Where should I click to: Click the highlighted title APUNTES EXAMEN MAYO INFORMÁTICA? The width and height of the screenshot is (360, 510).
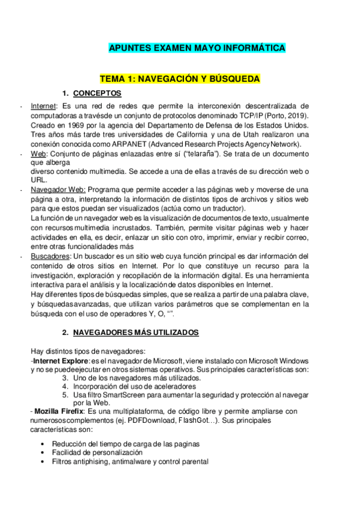(197, 48)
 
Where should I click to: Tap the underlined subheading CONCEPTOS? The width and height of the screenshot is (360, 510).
(97, 93)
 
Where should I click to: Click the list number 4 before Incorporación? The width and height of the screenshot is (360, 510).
(65, 386)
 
